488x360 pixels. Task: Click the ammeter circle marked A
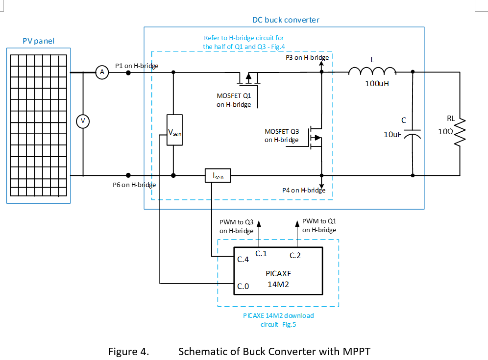pyautogui.click(x=102, y=72)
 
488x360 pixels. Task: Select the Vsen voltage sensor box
pyautogui.click(x=174, y=130)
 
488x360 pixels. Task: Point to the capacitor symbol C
pyautogui.click(x=413, y=134)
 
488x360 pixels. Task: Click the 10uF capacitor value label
pyautogui.click(x=393, y=134)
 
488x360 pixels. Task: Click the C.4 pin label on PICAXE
pyautogui.click(x=244, y=260)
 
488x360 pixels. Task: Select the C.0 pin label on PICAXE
pyautogui.click(x=244, y=286)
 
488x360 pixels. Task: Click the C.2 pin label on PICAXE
pyautogui.click(x=295, y=255)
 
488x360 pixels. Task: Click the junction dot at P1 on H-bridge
pyautogui.click(x=128, y=72)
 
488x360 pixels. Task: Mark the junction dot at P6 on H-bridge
pyautogui.click(x=128, y=175)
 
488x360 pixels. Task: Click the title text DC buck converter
pyautogui.click(x=286, y=20)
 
